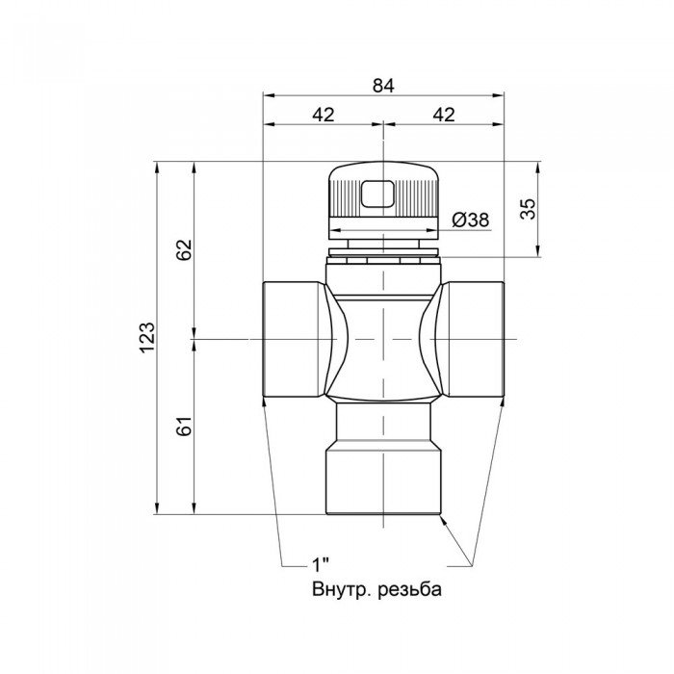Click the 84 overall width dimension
point(384,85)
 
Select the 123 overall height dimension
point(146,337)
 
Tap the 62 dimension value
point(186,249)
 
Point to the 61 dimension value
point(186,426)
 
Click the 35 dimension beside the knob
point(528,209)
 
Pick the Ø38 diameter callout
point(470,220)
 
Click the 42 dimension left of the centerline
point(324,115)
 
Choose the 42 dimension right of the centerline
point(444,115)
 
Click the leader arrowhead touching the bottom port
point(444,520)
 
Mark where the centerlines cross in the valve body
point(384,339)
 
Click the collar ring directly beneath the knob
point(384,255)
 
